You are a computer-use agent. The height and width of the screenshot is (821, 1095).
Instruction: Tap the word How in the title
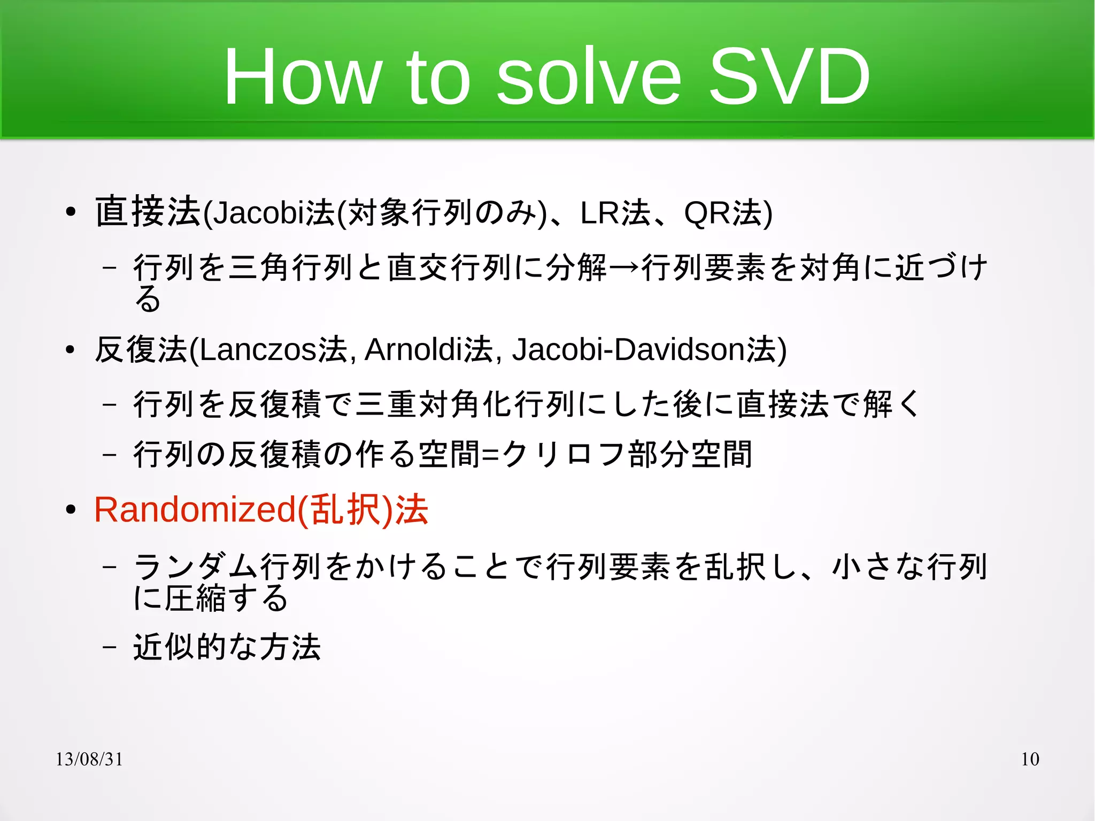(x=302, y=76)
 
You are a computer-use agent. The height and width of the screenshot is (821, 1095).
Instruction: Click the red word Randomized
(x=195, y=509)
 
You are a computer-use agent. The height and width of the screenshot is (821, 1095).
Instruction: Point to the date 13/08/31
(x=89, y=759)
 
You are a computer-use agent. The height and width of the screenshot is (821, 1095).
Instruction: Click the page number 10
(x=1030, y=759)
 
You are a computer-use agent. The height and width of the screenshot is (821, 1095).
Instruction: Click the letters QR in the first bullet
(x=707, y=213)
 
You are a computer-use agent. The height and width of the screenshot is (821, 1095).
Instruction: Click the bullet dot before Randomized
(x=71, y=510)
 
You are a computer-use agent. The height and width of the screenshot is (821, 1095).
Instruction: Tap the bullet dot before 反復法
(x=71, y=350)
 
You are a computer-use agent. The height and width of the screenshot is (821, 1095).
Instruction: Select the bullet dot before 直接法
(x=71, y=213)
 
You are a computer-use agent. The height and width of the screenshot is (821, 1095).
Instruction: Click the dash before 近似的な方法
(x=109, y=647)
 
